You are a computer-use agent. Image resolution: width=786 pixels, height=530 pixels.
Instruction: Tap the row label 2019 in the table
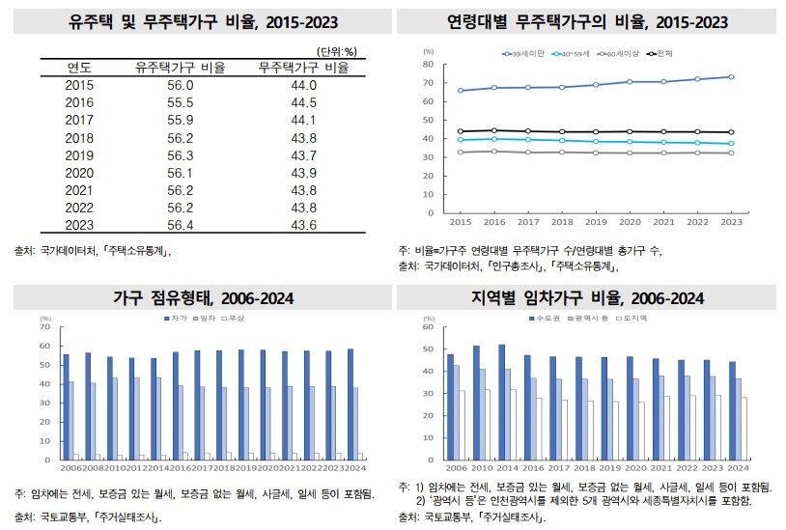click(79, 155)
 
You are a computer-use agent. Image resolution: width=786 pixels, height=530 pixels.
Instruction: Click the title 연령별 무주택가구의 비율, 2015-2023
click(588, 21)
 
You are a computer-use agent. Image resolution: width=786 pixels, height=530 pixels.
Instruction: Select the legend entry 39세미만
click(527, 54)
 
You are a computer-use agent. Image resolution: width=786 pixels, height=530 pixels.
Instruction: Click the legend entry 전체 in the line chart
click(665, 54)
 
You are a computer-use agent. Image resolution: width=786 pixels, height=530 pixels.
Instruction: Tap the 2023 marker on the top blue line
click(730, 76)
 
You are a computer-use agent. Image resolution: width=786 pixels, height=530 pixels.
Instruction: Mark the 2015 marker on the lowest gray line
click(460, 152)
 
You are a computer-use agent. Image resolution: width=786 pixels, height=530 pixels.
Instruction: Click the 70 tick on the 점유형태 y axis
click(44, 327)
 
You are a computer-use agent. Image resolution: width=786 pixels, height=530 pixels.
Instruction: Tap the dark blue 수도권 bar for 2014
click(502, 399)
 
